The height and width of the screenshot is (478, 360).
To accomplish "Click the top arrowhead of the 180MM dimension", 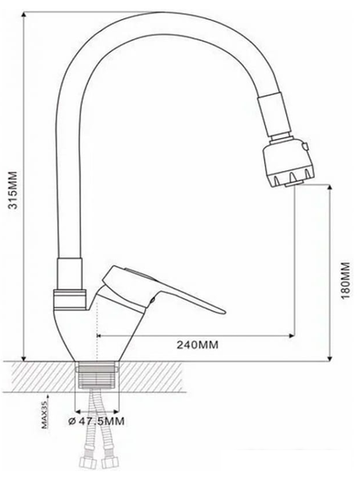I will coord(330,189).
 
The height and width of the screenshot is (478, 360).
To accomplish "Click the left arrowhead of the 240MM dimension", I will coord(98,334).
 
